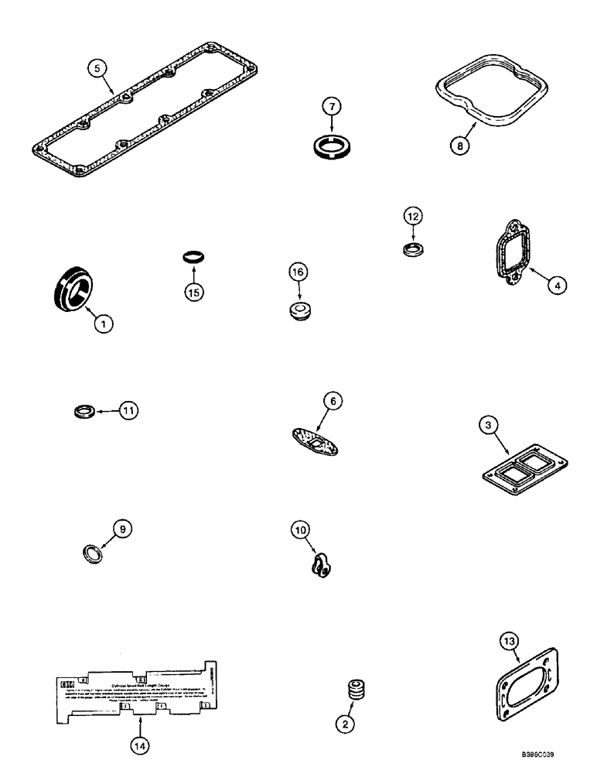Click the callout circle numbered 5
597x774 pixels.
96,67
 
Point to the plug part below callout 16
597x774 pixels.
297,310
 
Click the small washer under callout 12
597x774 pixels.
414,249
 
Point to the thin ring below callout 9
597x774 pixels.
93,554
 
